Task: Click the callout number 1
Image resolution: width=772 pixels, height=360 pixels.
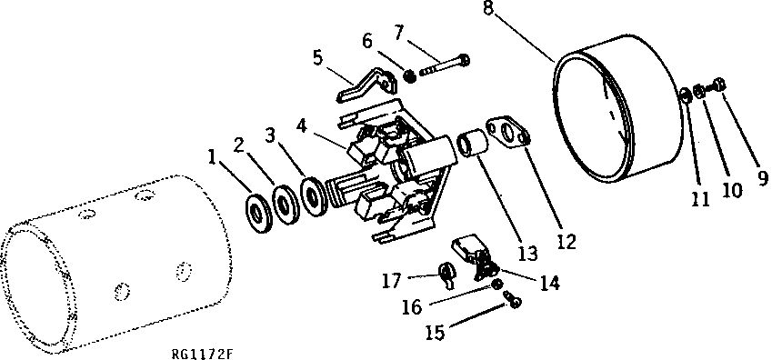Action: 211,156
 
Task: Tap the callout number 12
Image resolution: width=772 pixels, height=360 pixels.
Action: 566,242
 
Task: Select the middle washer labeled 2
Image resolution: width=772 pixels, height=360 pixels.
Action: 285,202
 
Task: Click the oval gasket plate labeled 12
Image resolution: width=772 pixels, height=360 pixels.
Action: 506,131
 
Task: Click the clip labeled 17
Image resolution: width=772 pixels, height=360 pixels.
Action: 445,271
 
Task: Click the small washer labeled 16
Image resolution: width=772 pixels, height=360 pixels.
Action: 498,285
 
